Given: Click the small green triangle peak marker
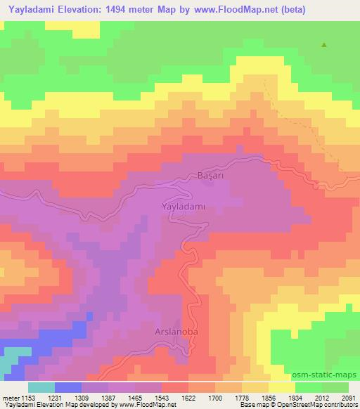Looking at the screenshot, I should click(324, 45).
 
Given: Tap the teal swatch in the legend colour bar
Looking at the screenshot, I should click(41, 387).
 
